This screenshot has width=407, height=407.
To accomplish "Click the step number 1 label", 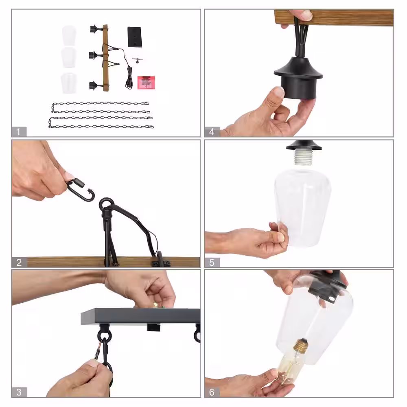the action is [18, 131].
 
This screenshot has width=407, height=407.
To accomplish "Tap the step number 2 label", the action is [19, 263].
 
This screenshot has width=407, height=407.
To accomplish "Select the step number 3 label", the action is [19, 392].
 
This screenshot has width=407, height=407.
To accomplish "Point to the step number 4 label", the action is [212, 131].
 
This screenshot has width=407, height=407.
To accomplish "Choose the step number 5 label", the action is [212, 263].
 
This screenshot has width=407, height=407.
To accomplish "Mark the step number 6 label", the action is [212, 392].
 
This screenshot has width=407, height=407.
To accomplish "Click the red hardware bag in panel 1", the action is [146, 82].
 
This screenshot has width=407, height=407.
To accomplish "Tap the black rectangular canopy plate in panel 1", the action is [134, 37].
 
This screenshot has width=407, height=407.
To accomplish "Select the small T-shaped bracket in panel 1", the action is [137, 60].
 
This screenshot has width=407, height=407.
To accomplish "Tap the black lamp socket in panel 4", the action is [298, 78].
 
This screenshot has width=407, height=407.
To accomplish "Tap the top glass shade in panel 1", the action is [69, 36].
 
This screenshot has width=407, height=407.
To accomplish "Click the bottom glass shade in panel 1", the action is [69, 83].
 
